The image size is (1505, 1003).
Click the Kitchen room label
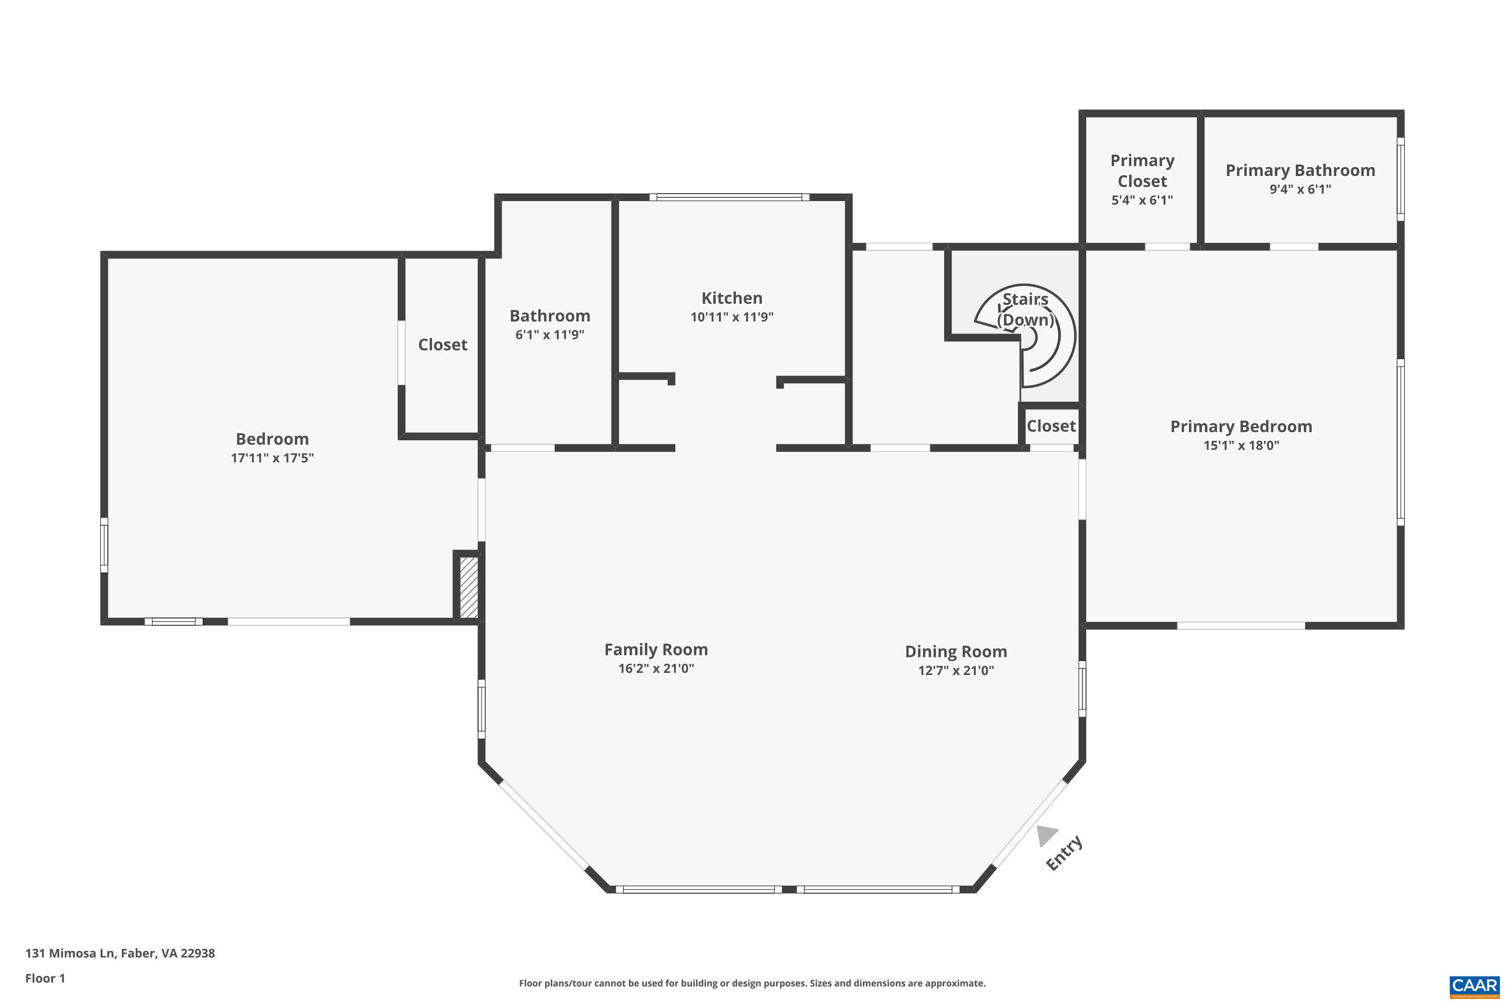pos(731,298)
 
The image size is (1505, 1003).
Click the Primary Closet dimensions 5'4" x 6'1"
pos(1142,200)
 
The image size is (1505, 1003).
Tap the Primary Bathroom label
pos(1300,171)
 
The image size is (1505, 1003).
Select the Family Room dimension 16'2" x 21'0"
pos(656,668)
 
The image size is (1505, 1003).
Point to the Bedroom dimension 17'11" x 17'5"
pos(272,458)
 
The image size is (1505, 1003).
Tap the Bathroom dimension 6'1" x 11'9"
pos(550,335)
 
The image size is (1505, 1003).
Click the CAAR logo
pos(1474,985)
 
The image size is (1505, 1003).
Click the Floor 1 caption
pos(45,978)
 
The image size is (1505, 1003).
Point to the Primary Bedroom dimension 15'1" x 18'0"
pos(1241,445)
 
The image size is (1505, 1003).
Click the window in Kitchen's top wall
pos(729,197)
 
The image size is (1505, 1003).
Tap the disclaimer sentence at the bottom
pos(752,983)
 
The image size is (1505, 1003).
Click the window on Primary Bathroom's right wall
pos(1400,179)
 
